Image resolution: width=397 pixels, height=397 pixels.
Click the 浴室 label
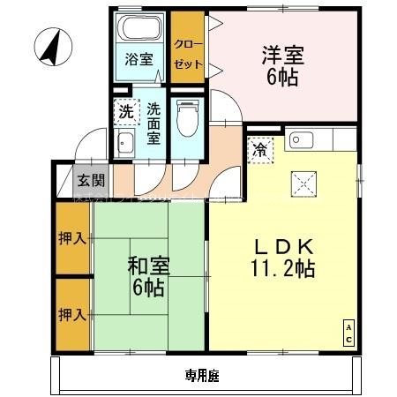pos(139,61)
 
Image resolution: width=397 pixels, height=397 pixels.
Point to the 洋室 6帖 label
pos(282,65)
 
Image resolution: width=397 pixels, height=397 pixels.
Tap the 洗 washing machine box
pos(126,112)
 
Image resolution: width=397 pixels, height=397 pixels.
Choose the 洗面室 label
pos(154,123)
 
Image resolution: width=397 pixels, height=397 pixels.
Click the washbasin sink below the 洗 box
pos(125,145)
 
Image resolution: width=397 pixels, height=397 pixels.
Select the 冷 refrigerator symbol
pos(259,150)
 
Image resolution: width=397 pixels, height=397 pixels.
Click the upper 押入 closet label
pos(73,238)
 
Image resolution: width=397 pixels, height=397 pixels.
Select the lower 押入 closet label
pos(73,314)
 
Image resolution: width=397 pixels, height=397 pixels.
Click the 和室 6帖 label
pos(146,276)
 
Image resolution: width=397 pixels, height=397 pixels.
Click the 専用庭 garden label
pos(202,375)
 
